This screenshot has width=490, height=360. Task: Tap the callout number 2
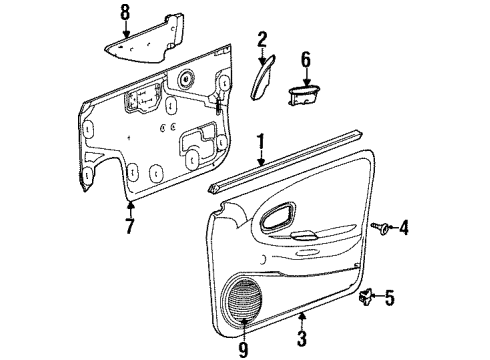click(x=262, y=40)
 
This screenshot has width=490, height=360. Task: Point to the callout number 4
click(x=403, y=228)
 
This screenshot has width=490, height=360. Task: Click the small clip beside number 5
click(x=368, y=296)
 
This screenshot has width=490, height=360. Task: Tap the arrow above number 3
click(x=301, y=325)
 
